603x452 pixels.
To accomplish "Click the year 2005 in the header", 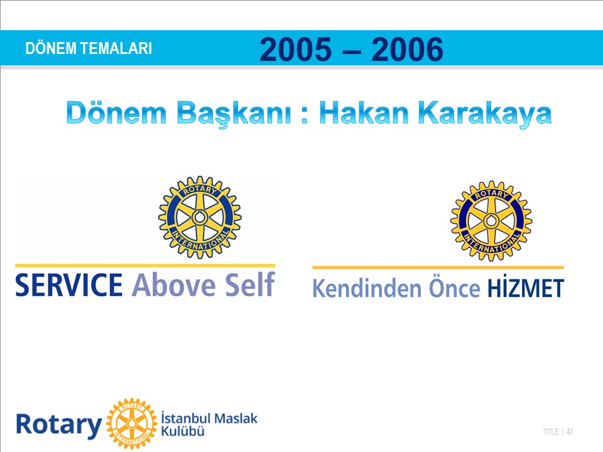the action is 295,49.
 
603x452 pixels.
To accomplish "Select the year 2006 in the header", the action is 407,49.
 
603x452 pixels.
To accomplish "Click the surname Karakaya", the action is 485,114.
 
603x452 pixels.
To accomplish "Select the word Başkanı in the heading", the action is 234,114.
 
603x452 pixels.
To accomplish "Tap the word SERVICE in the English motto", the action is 69,285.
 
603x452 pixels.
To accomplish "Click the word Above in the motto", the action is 173,285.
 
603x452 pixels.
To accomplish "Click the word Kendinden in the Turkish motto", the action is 367,288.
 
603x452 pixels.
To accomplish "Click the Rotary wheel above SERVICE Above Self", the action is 200,217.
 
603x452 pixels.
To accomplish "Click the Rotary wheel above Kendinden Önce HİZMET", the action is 491,221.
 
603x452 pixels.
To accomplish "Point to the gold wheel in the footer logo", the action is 132,424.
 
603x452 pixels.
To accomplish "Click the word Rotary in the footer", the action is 59,425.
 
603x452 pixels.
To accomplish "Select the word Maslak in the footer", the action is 236,418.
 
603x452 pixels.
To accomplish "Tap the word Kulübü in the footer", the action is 183,431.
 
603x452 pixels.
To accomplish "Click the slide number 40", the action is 570,432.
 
